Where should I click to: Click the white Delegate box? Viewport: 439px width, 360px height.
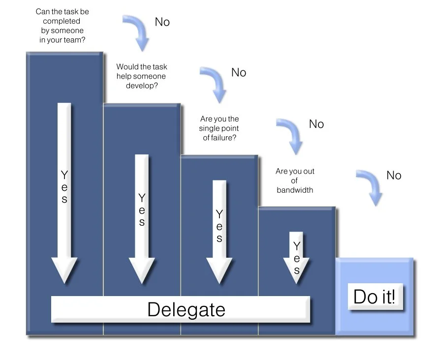point(181,309)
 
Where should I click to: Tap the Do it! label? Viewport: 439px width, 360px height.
point(375,297)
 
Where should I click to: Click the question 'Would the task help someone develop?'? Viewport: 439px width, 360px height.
point(142,76)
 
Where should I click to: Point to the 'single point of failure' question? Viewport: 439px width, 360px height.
point(219,128)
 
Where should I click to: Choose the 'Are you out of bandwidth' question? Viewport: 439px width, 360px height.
point(295,180)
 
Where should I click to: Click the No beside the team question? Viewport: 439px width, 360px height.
point(162,22)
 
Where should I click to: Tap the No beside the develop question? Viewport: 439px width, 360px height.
point(239,73)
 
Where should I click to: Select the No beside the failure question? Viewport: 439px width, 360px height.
point(316,124)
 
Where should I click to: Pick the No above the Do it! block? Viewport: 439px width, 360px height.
point(394,176)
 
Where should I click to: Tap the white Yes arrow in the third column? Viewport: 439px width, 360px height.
point(219,231)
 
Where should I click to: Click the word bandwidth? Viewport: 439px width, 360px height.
point(295,190)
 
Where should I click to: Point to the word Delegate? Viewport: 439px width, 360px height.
point(186,309)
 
